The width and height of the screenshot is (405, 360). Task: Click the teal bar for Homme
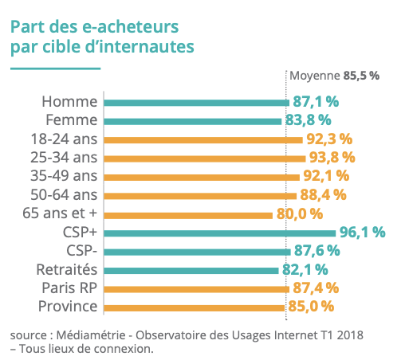click(x=196, y=102)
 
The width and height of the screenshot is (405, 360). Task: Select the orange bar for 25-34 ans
click(x=204, y=158)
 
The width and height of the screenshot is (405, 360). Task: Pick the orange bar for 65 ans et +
click(x=188, y=213)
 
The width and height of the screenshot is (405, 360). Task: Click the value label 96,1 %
click(x=363, y=233)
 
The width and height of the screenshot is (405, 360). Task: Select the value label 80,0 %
click(x=299, y=213)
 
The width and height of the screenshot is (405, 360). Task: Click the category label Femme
click(x=71, y=120)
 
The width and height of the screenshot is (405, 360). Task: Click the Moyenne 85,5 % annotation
click(x=334, y=76)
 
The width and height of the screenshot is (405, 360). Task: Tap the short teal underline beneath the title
click(x=54, y=67)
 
